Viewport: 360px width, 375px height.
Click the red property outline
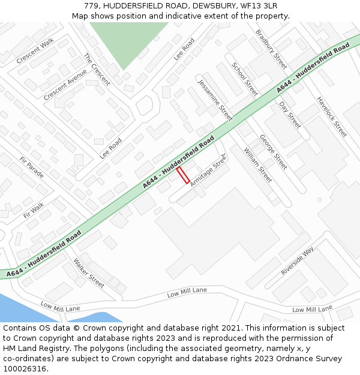[183, 175]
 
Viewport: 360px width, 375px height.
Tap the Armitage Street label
[208, 170]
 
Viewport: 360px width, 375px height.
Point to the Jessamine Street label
[215, 100]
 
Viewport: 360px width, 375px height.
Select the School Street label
[245, 79]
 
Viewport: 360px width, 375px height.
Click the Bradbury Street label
[271, 49]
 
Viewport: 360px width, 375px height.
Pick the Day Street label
[290, 115]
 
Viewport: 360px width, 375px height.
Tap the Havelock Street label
[332, 116]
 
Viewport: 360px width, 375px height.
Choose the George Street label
[273, 152]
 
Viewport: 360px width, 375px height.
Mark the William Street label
[258, 164]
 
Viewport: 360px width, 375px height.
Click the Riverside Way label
[298, 260]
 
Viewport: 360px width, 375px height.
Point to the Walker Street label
[89, 273]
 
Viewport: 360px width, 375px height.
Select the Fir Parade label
[32, 167]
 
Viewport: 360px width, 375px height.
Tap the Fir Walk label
[34, 210]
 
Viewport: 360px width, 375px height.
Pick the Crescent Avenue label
[65, 85]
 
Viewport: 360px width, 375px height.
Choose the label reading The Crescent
[97, 70]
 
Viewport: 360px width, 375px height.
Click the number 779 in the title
[92, 6]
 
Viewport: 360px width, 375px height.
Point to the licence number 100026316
[23, 368]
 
